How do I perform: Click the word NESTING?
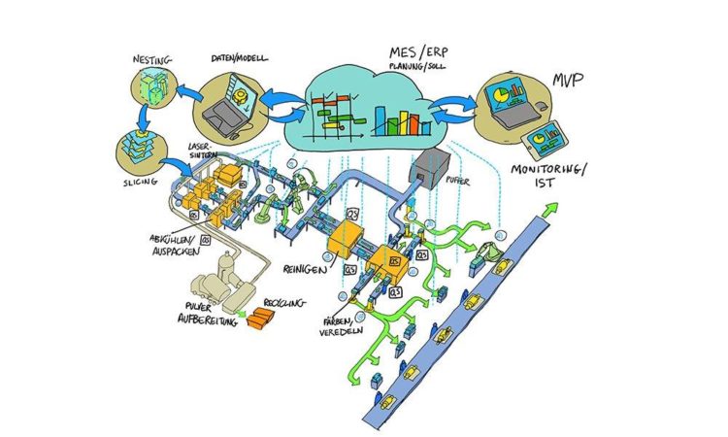[152, 61]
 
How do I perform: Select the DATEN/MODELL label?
[234, 56]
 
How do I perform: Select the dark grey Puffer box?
[427, 172]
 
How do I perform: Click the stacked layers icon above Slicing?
[136, 151]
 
